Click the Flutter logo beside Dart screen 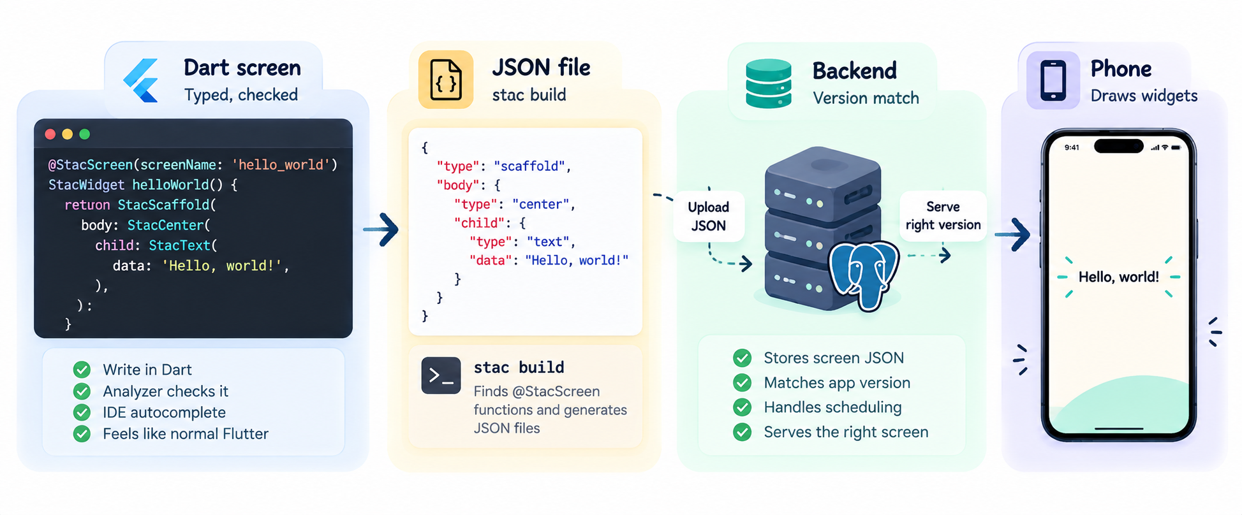tap(142, 80)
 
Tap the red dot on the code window tap(50, 134)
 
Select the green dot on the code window tap(84, 134)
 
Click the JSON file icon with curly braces tap(446, 80)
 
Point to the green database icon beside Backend tap(769, 83)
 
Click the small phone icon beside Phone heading tap(1053, 80)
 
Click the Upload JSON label tap(709, 216)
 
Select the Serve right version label tap(943, 215)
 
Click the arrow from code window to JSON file tap(381, 229)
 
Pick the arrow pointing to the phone tap(1012, 235)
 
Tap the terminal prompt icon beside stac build tap(441, 375)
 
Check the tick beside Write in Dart tap(82, 370)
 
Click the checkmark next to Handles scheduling tap(742, 407)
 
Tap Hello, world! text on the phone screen tap(1119, 277)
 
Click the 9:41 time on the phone tap(1072, 148)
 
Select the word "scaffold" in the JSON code tap(529, 166)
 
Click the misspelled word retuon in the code tap(87, 205)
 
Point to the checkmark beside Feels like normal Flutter tap(82, 434)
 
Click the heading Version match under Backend tap(866, 98)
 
